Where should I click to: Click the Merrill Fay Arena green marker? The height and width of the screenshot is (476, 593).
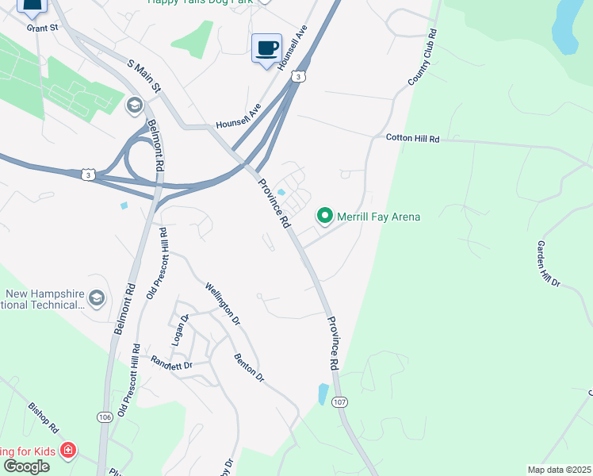pyautogui.click(x=324, y=215)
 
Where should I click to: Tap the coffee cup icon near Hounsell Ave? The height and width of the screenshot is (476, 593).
pyautogui.click(x=266, y=48)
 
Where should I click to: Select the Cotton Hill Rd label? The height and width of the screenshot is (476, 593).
pyautogui.click(x=412, y=138)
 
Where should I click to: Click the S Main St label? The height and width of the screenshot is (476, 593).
pyautogui.click(x=143, y=75)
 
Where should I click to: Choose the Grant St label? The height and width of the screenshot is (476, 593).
pyautogui.click(x=43, y=28)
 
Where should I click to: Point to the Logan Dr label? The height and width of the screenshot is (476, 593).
pyautogui.click(x=181, y=329)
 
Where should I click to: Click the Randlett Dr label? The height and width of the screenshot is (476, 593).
pyautogui.click(x=172, y=363)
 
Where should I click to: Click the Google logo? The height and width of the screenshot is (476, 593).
pyautogui.click(x=26, y=466)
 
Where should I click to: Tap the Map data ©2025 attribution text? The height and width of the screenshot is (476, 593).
pyautogui.click(x=559, y=470)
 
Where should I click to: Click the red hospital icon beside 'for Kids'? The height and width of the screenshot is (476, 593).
pyautogui.click(x=69, y=451)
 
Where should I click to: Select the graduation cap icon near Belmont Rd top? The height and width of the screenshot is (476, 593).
pyautogui.click(x=134, y=105)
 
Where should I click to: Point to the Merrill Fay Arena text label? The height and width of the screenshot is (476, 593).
pyautogui.click(x=378, y=217)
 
